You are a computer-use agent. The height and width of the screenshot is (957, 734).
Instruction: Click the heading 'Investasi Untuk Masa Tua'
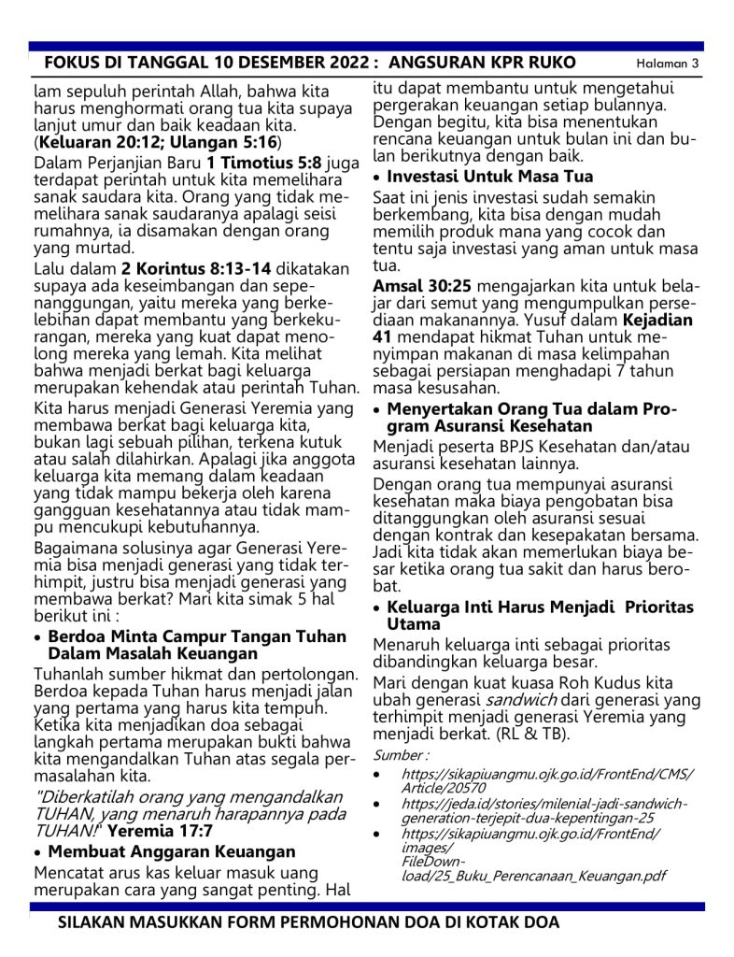[x=489, y=177]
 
